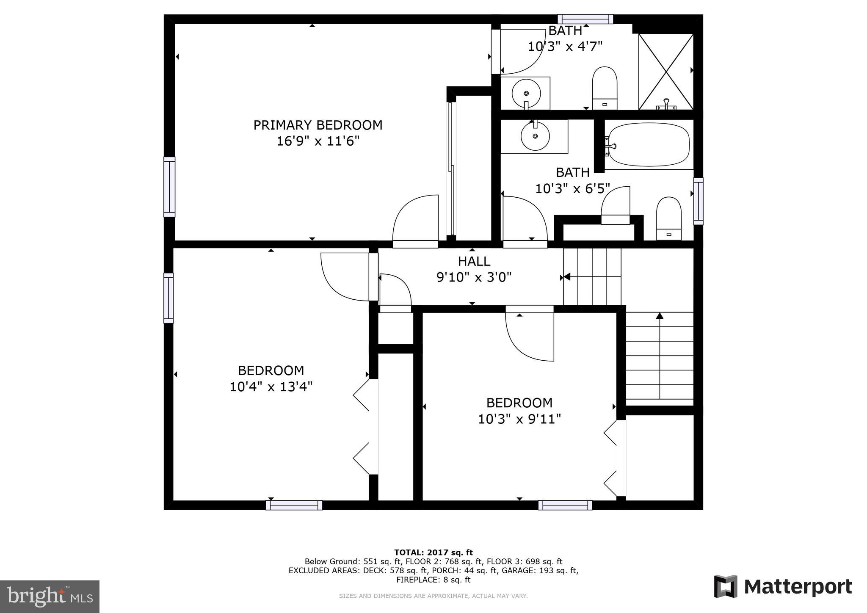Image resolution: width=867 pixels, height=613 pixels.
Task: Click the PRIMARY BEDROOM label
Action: pyautogui.click(x=318, y=125)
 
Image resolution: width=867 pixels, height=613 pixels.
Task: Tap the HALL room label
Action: pyautogui.click(x=474, y=261)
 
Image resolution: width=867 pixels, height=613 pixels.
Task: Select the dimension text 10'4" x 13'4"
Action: pyautogui.click(x=271, y=387)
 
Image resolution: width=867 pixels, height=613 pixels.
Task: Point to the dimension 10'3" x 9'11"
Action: pyautogui.click(x=519, y=419)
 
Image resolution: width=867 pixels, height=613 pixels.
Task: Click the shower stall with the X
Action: pyautogui.click(x=666, y=71)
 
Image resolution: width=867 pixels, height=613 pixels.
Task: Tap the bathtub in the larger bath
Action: pyautogui.click(x=648, y=145)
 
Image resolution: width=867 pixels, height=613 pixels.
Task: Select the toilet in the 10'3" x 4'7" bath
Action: pyautogui.click(x=604, y=88)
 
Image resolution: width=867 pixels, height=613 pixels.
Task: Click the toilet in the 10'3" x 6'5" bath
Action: pyautogui.click(x=668, y=218)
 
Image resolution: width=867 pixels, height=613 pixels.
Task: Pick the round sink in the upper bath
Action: pyautogui.click(x=526, y=93)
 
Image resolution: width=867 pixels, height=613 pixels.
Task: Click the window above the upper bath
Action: pyautogui.click(x=585, y=19)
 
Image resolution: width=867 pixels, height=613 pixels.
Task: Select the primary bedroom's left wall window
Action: pyautogui.click(x=169, y=187)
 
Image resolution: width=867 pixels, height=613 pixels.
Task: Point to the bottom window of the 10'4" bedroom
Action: pyautogui.click(x=294, y=505)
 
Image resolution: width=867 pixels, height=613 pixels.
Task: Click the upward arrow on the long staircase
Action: pyautogui.click(x=660, y=316)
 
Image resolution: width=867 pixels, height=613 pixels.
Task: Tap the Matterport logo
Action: pyautogui.click(x=783, y=587)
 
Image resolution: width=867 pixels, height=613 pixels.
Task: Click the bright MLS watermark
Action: pyautogui.click(x=50, y=596)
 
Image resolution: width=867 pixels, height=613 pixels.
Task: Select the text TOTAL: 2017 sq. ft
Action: pyautogui.click(x=433, y=552)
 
